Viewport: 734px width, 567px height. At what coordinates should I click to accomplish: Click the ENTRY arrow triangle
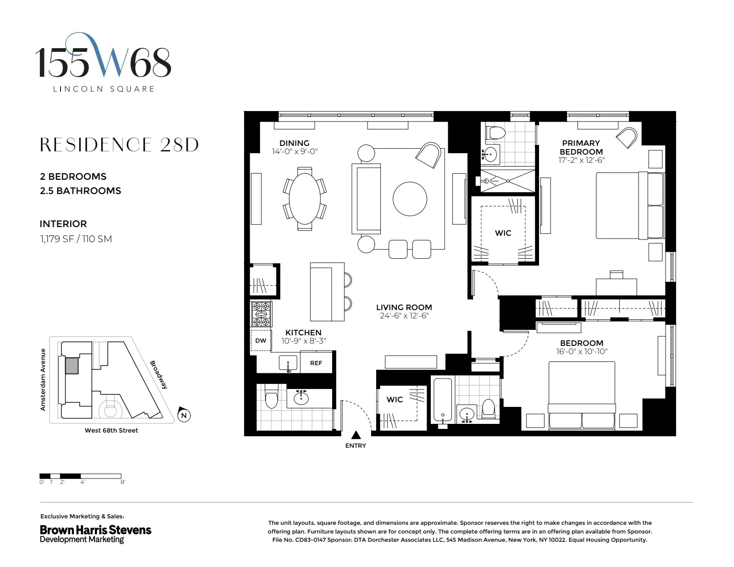[x=356, y=435]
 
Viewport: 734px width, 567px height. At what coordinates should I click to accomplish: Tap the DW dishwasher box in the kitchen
[x=261, y=340]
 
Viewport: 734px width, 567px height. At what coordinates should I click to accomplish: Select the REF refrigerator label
[x=316, y=363]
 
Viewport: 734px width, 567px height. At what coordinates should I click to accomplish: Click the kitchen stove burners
[x=261, y=314]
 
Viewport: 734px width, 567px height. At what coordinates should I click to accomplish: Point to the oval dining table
[x=305, y=198]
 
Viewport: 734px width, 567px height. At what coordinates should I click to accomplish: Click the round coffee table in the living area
[x=410, y=199]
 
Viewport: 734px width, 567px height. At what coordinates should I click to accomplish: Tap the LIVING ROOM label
[x=404, y=307]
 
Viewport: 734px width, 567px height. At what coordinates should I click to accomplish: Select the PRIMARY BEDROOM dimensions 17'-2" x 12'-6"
[x=581, y=160]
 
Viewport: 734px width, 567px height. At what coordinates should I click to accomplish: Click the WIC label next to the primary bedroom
[x=503, y=233]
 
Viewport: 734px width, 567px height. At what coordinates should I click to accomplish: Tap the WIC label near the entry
[x=395, y=400]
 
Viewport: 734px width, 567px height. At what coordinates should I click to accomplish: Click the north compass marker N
[x=184, y=416]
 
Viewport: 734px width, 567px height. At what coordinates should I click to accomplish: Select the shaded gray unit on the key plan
[x=72, y=366]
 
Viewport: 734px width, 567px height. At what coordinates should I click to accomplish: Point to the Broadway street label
[x=159, y=375]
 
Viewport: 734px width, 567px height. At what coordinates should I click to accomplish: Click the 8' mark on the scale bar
[x=122, y=482]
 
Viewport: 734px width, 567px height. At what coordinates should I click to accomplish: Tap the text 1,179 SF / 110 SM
[x=76, y=239]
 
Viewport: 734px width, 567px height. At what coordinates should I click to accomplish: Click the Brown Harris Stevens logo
[x=95, y=534]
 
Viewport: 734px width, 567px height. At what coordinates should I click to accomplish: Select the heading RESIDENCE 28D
[x=119, y=145]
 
